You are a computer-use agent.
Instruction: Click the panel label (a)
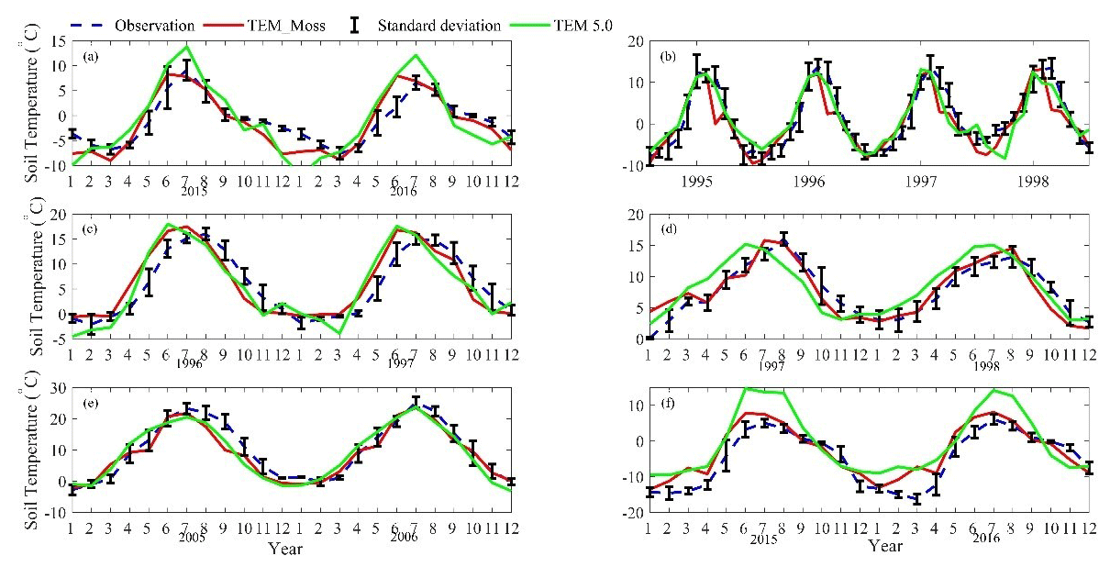click(x=89, y=57)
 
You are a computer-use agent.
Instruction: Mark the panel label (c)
click(x=89, y=228)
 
